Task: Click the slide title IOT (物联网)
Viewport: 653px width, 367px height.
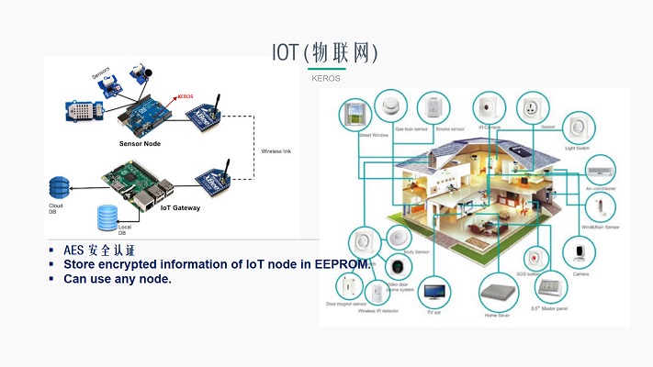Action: pos(325,50)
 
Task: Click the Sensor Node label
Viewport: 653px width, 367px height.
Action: pos(141,143)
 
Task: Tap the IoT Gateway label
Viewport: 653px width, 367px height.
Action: pos(180,207)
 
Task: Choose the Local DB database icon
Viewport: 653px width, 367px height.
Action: pos(105,216)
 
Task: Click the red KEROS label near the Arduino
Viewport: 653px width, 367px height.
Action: pos(185,95)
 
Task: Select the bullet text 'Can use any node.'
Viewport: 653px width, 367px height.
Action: pos(118,278)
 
